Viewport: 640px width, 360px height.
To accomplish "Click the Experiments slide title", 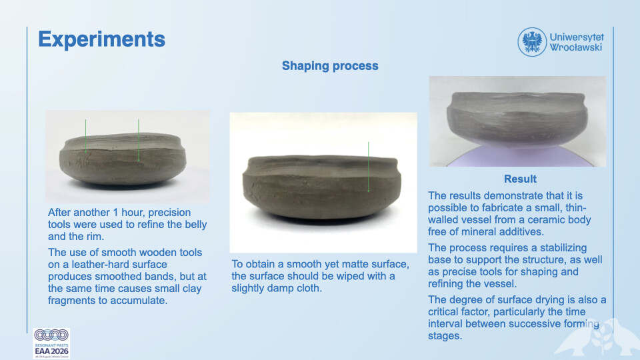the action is (x=101, y=39).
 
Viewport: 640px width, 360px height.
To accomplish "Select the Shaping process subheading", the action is (x=330, y=66).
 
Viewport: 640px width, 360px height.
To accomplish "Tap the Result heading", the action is (x=520, y=179).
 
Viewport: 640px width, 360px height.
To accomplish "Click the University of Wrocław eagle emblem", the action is (x=532, y=42).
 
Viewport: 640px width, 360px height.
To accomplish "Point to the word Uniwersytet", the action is (x=576, y=37).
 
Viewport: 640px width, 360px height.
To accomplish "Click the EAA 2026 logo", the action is (x=51, y=343).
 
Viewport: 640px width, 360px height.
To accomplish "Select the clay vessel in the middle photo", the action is (x=321, y=186).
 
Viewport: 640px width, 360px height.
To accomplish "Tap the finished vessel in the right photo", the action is (x=517, y=119).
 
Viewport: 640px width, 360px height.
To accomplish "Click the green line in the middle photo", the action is (x=368, y=167).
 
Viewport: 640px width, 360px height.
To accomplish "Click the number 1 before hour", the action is (x=115, y=213).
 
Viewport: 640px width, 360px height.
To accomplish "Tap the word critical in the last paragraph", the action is (x=444, y=312).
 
